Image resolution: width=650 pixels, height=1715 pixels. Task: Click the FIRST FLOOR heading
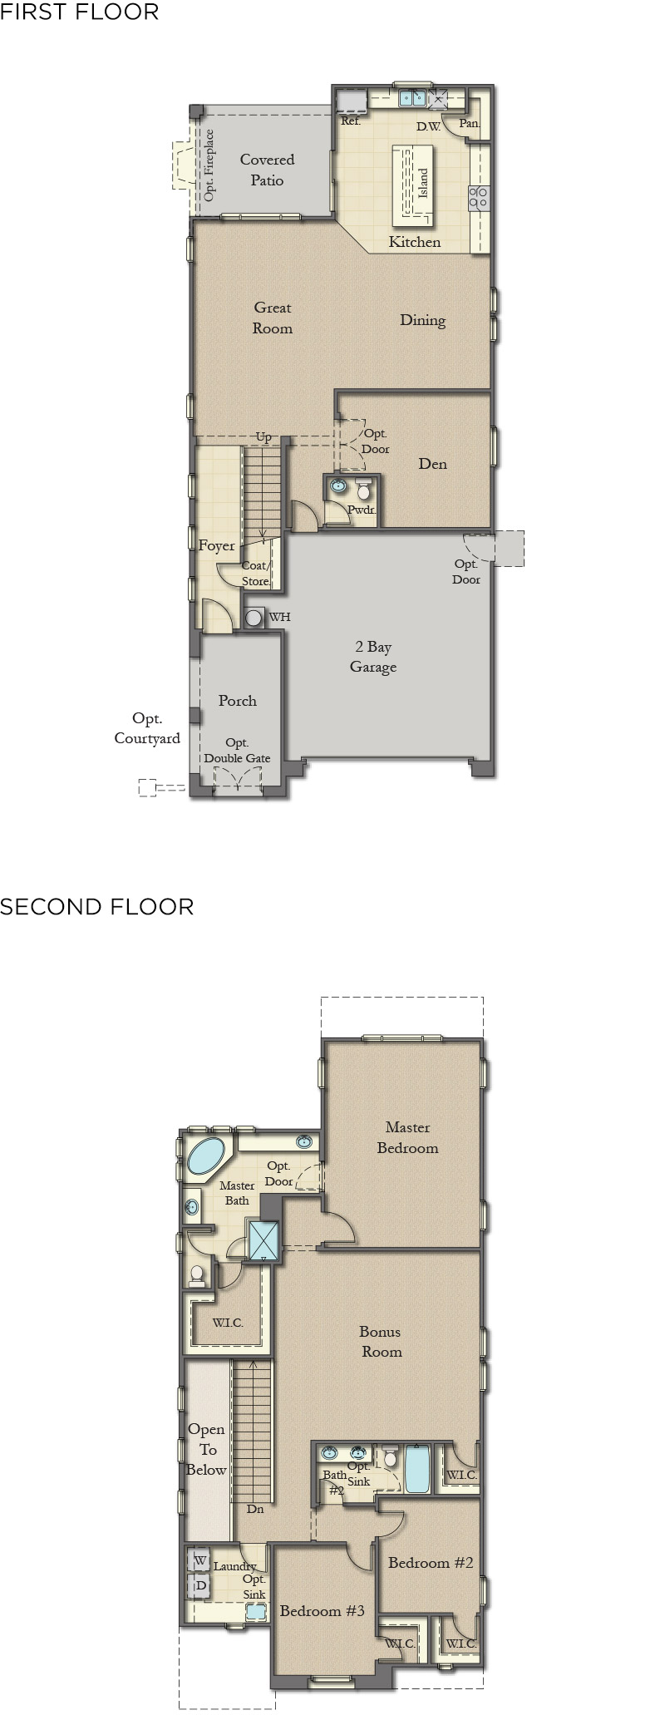point(80,12)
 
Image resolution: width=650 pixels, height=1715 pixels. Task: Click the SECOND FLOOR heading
point(97,906)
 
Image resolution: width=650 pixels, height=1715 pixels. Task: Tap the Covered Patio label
point(267,170)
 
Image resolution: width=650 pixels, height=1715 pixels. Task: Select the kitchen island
point(414,185)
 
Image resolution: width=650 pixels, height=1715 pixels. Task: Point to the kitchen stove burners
point(479,197)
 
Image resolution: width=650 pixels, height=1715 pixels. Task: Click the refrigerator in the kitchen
point(352,101)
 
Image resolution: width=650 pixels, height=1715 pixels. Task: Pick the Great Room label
point(273,318)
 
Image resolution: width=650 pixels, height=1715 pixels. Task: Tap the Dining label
point(422,320)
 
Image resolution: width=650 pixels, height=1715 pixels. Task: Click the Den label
point(432,464)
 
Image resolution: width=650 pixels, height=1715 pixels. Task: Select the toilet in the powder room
point(363,490)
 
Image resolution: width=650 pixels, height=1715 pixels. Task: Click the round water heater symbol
point(254,618)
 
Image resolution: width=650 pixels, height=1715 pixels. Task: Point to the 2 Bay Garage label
point(373,657)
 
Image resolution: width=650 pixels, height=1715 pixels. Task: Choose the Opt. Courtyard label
point(147,728)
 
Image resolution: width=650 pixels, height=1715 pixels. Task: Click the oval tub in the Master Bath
point(206,1156)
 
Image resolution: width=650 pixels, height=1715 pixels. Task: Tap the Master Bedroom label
point(407,1137)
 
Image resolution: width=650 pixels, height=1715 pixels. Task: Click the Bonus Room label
point(381,1342)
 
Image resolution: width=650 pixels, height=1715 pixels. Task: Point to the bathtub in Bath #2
point(416,1469)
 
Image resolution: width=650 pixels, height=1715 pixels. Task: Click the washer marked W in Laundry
point(199,1561)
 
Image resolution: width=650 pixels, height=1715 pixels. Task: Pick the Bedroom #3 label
point(322,1611)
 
